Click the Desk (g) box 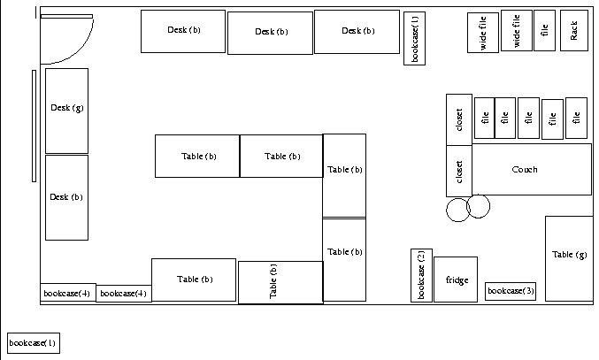(x=66, y=111)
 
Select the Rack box (x=573, y=31)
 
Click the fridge (x=456, y=280)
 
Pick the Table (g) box (x=568, y=258)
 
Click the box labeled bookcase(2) (x=421, y=275)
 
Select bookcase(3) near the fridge (x=511, y=291)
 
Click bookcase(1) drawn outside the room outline (x=33, y=342)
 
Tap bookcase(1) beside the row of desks (x=415, y=38)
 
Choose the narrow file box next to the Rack (x=544, y=31)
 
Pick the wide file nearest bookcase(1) (x=483, y=34)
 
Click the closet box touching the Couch (x=459, y=170)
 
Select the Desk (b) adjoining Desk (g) (x=66, y=197)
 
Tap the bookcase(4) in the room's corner (x=67, y=293)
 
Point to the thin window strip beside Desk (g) (x=35, y=124)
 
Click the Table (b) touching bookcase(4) (x=193, y=280)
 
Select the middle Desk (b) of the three (x=271, y=33)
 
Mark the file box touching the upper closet (x=483, y=118)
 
